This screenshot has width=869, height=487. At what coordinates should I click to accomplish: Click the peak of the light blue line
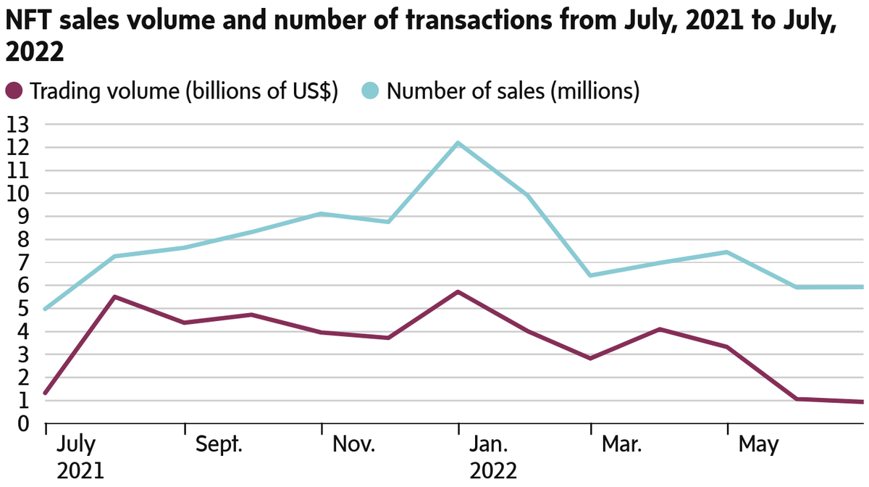tap(458, 143)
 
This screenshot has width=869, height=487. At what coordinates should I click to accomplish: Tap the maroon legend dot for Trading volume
tap(15, 91)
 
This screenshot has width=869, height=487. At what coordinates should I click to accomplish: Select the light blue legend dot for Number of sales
tap(370, 91)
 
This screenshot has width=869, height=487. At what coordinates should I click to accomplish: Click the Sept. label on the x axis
tap(220, 444)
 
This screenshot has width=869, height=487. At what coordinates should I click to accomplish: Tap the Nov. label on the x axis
tap(354, 444)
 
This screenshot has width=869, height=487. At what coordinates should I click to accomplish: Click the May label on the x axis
tap(758, 444)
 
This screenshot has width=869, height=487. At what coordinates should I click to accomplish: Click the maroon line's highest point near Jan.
tap(458, 291)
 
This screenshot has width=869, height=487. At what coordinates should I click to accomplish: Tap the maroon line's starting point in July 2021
tap(46, 394)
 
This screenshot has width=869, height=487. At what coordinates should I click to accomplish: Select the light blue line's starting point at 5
tap(46, 309)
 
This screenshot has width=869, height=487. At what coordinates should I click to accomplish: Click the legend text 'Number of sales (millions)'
tap(513, 91)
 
